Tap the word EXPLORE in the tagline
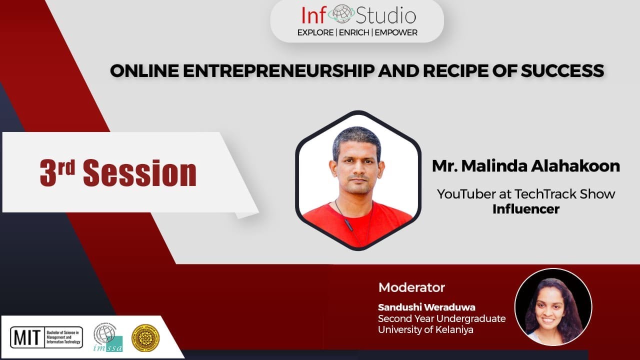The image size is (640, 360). [315, 32]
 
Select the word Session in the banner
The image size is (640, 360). [139, 173]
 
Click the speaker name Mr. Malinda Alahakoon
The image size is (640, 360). [525, 166]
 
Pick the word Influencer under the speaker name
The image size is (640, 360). [525, 209]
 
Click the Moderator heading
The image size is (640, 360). [411, 287]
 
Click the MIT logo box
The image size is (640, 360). [46, 337]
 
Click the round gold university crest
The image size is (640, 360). [145, 338]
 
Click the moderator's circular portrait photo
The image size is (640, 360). [553, 307]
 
